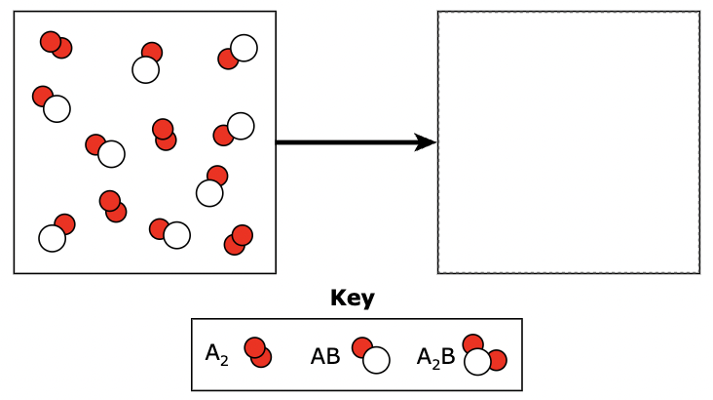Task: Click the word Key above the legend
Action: (353, 299)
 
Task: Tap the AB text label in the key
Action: (325, 356)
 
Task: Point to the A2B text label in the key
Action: (435, 356)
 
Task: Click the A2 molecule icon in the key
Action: (258, 352)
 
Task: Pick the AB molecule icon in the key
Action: (371, 355)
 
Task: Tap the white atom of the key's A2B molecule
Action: (477, 362)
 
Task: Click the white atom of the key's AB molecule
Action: (376, 360)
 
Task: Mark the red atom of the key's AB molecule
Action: (362, 347)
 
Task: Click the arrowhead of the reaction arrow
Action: (425, 142)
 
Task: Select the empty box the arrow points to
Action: (568, 142)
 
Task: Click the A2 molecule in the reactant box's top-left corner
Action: (56, 44)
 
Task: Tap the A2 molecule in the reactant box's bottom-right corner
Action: (239, 239)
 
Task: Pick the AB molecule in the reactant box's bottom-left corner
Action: (57, 232)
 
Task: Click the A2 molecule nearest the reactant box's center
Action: (165, 134)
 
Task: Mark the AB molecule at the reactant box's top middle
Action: (148, 61)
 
